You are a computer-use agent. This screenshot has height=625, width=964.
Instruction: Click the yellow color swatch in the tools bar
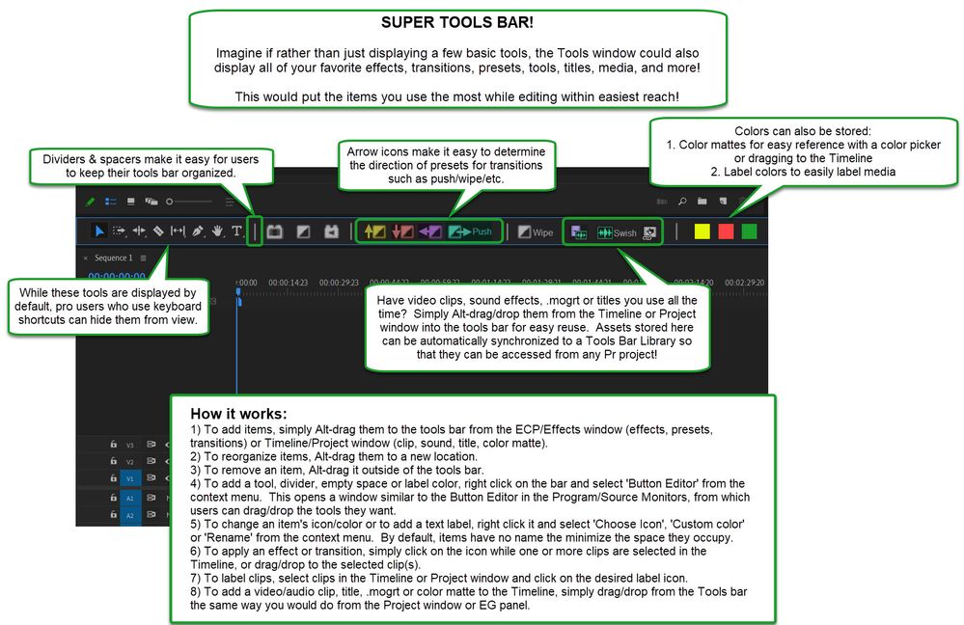click(x=702, y=231)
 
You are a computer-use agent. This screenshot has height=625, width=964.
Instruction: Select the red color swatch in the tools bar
click(x=726, y=231)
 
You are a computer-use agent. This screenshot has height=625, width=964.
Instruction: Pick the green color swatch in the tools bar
click(x=749, y=231)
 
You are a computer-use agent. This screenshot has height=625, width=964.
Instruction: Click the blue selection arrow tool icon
click(x=99, y=231)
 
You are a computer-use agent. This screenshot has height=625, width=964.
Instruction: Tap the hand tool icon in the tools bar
click(x=218, y=231)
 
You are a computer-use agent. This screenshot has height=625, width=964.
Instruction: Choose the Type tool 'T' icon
click(x=237, y=231)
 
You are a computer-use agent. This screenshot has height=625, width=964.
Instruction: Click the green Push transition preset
click(x=470, y=231)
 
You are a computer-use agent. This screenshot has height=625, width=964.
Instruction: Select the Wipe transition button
click(x=536, y=232)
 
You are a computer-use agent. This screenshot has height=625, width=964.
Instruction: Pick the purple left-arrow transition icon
click(x=430, y=231)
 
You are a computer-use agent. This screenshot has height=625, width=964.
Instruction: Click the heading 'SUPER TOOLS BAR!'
click(x=456, y=20)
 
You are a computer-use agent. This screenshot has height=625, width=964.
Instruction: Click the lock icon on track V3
click(x=113, y=444)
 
